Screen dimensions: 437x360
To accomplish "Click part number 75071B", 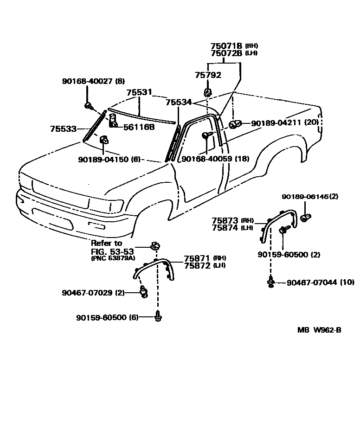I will tap(226, 46).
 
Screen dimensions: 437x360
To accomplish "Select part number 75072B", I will tap(226, 53).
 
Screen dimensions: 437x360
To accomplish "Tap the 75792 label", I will tap(208, 75).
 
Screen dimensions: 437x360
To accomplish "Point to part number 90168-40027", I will tap(87, 81).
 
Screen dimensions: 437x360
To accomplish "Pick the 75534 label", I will tap(179, 102).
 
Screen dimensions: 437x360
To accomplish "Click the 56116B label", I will tap(139, 127).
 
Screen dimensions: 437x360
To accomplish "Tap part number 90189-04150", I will tap(103, 159).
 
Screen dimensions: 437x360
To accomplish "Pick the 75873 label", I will tap(225, 220).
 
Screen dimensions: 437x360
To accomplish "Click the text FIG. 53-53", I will tap(112, 252).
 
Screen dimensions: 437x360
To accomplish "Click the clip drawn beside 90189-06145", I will tap(306, 217).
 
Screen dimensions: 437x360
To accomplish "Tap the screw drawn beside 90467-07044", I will tap(270, 282).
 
